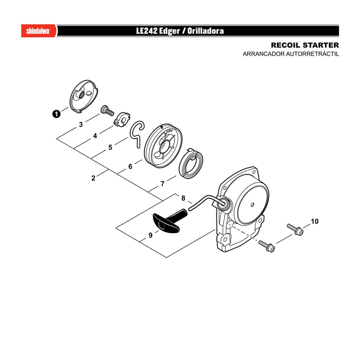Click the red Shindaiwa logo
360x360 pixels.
tap(39, 31)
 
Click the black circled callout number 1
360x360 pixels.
tap(56, 114)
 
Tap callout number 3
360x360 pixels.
tap(81, 125)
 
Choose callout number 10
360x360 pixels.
tap(315, 221)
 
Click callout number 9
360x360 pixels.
tap(150, 235)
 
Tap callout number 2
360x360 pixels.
tap(93, 178)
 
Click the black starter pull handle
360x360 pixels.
tap(169, 221)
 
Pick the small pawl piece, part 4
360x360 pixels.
tap(122, 119)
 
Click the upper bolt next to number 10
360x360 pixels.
tap(295, 229)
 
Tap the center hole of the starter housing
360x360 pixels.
tap(252, 204)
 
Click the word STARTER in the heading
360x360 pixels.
tap(321, 45)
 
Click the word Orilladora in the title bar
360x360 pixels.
tap(206, 31)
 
